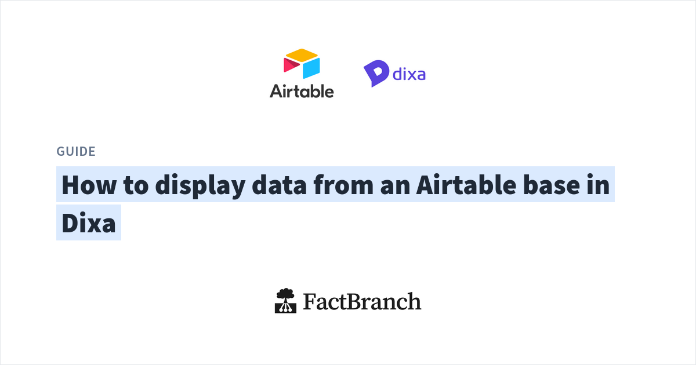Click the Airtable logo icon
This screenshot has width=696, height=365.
(x=302, y=64)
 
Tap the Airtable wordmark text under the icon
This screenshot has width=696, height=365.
(x=302, y=91)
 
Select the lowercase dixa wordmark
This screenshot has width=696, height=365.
(x=409, y=74)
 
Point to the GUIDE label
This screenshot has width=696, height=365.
(x=76, y=152)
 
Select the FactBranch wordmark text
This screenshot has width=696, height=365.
(x=362, y=302)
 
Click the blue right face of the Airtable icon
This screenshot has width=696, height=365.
(x=311, y=68)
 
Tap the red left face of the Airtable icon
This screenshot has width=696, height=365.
(x=291, y=65)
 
